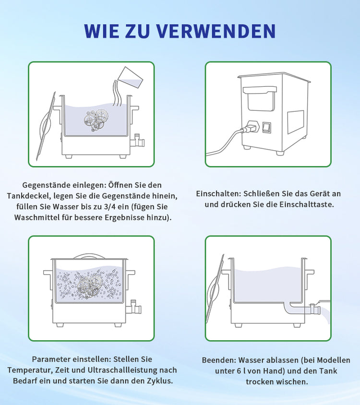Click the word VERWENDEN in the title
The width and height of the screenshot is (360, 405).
pos(216,32)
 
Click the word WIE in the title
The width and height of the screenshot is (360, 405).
pos(102,32)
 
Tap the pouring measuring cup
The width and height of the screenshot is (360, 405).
pos(130,77)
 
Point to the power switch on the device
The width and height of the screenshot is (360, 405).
pos(267,128)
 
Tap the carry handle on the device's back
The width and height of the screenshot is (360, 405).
pos(260,98)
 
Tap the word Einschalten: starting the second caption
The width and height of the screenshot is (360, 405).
pos(218,194)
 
